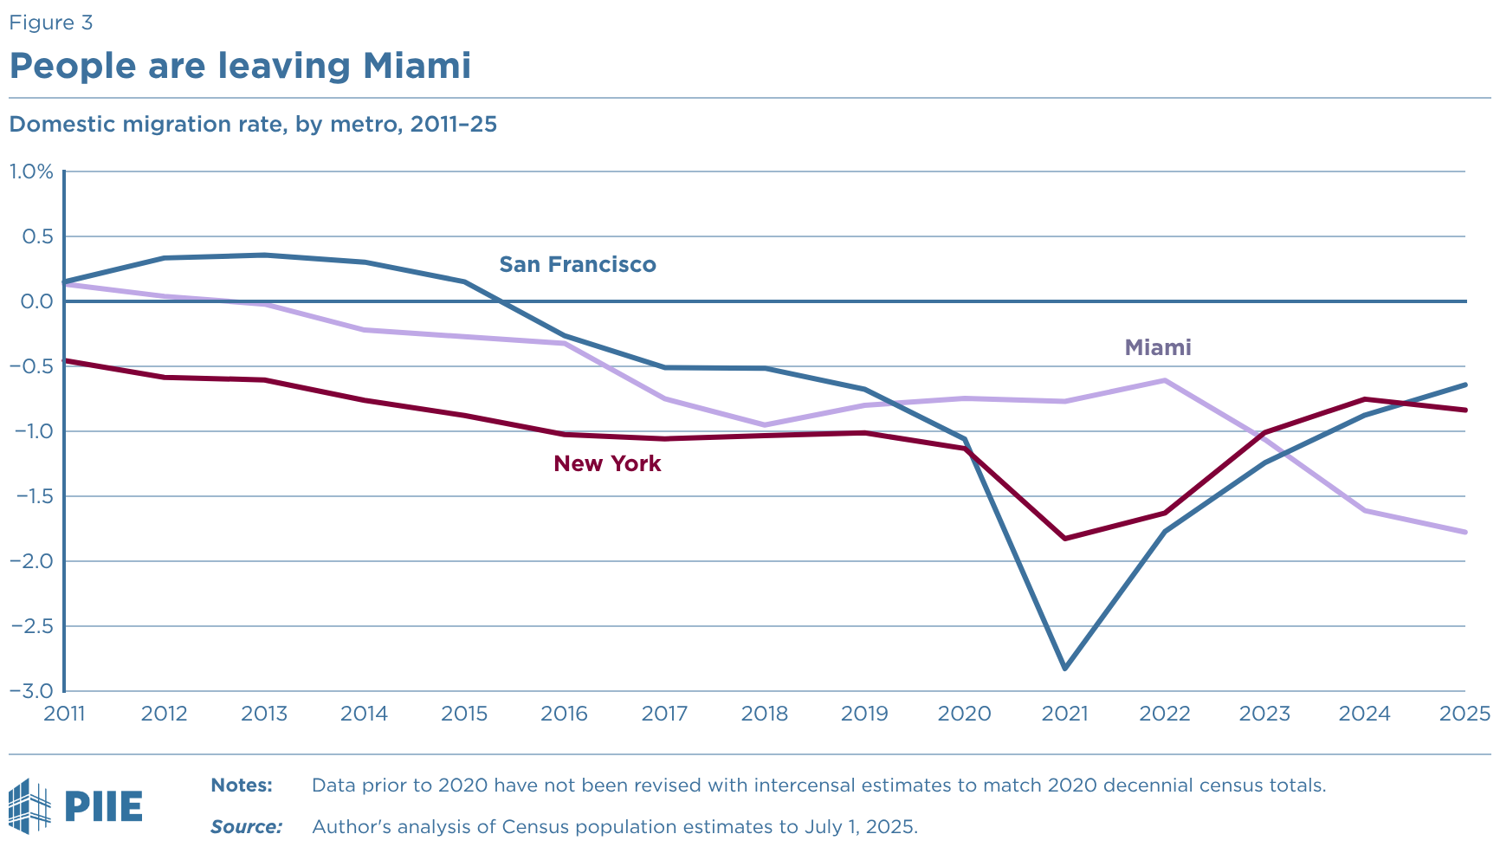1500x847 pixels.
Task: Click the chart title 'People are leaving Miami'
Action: pyautogui.click(x=240, y=66)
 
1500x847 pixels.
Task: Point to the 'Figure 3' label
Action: pyautogui.click(x=50, y=23)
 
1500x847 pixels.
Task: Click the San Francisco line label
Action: pyautogui.click(x=578, y=264)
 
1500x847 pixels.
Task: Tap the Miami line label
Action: pyautogui.click(x=1158, y=347)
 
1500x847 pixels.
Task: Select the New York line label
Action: pyautogui.click(x=607, y=463)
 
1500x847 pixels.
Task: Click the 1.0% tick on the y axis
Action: pyautogui.click(x=31, y=171)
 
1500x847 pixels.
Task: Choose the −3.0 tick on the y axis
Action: pyautogui.click(x=31, y=691)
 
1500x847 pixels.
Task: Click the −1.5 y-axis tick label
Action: pyautogui.click(x=31, y=496)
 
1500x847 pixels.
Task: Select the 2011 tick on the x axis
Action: pyautogui.click(x=64, y=714)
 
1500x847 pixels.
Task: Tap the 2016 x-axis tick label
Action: pyautogui.click(x=564, y=714)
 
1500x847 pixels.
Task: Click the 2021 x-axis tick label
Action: pyautogui.click(x=1064, y=714)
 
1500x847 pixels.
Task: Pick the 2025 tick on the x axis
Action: pyautogui.click(x=1464, y=714)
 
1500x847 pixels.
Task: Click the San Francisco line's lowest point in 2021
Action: pyautogui.click(x=1064, y=669)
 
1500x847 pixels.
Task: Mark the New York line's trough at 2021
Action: pyautogui.click(x=1064, y=539)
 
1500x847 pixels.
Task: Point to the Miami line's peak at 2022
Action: pyautogui.click(x=1165, y=380)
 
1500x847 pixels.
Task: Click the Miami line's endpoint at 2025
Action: pyautogui.click(x=1465, y=532)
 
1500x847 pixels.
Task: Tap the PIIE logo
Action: pyautogui.click(x=75, y=806)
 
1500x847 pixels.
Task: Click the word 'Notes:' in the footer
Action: pyautogui.click(x=242, y=786)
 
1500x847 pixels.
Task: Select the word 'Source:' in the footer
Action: pyautogui.click(x=246, y=827)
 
